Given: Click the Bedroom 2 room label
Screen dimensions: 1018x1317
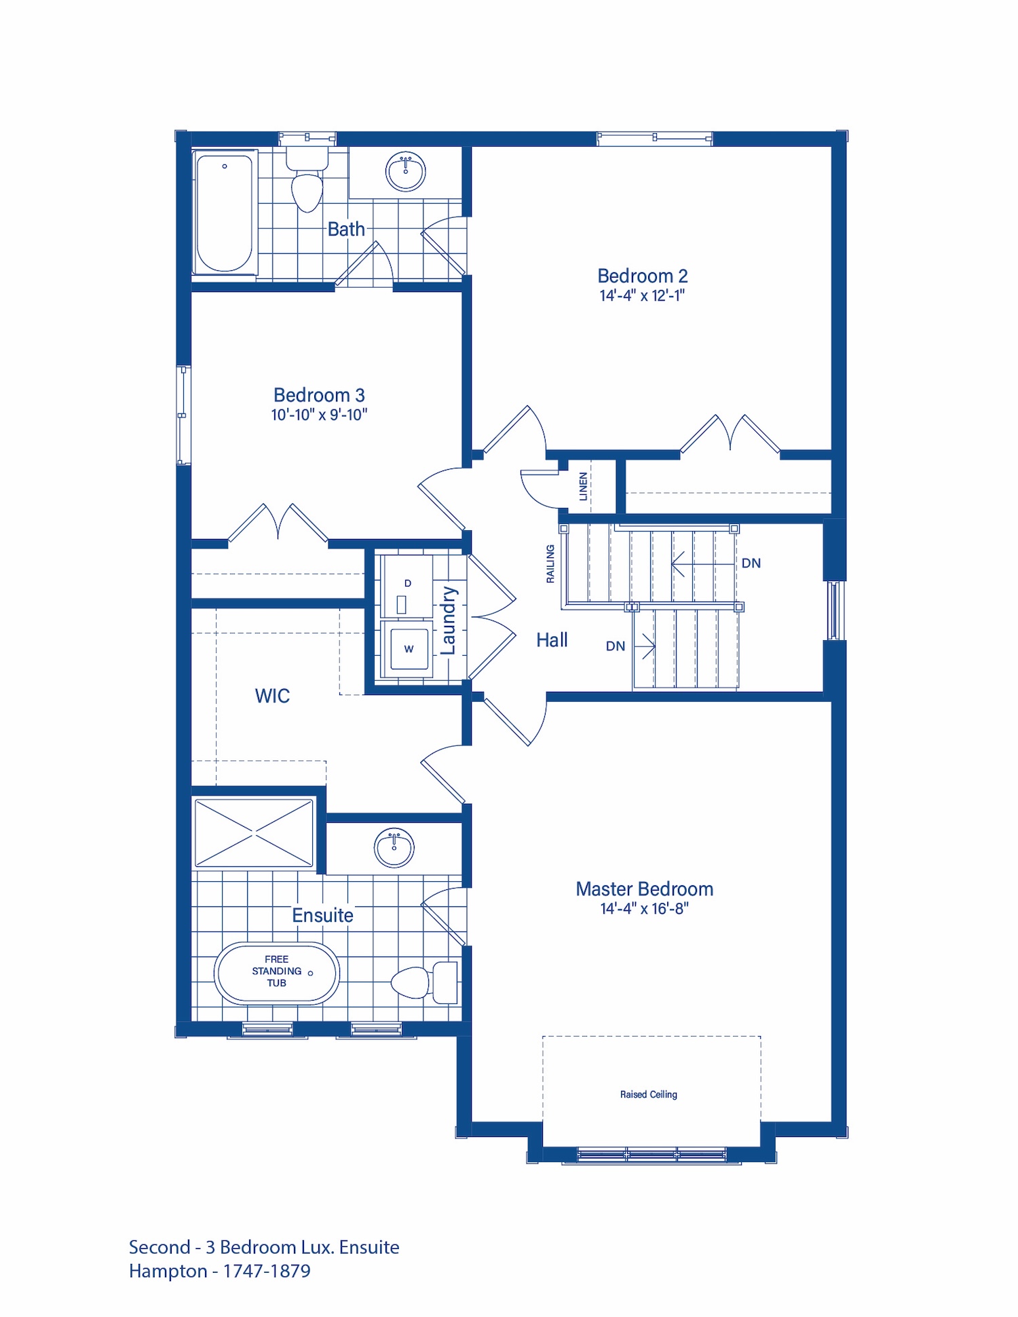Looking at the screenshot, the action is (x=642, y=276).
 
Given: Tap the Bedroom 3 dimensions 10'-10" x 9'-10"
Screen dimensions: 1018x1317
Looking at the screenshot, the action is (x=319, y=415).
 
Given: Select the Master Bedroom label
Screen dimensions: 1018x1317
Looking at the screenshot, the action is (x=644, y=889).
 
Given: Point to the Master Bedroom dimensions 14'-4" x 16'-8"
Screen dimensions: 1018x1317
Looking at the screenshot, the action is (x=644, y=908).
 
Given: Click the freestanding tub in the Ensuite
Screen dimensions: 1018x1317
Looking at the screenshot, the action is (x=277, y=973).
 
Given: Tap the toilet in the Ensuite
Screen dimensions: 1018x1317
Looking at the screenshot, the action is (x=425, y=982).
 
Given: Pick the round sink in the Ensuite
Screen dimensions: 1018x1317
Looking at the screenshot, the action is (x=394, y=847).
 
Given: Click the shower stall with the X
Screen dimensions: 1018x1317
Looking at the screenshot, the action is (x=254, y=832).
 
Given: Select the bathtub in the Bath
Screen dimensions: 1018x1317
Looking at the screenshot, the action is (x=224, y=212).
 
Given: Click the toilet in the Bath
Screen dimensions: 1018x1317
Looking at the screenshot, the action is (x=307, y=180).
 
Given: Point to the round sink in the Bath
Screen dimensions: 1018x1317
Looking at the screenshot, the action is (x=406, y=171).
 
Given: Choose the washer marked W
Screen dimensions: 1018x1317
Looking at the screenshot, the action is (x=408, y=649).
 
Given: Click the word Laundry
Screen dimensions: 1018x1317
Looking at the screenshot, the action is (x=448, y=620).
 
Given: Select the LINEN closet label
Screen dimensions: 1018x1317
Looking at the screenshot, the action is (x=583, y=486).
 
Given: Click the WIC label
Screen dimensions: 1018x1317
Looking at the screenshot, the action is (x=272, y=696).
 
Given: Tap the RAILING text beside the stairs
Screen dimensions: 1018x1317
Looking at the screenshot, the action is (x=550, y=563).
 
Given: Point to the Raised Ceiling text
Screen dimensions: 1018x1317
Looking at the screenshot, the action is (x=649, y=1094).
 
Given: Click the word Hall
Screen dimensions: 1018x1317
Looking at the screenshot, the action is (x=552, y=639).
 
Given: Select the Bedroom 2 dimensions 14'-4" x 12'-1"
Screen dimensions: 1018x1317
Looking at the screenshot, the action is (x=642, y=295).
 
